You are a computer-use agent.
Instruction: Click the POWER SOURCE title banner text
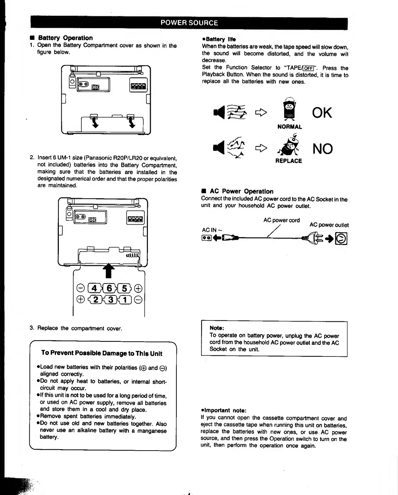coord(189,23)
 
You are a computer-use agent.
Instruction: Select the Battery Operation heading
coord(65,38)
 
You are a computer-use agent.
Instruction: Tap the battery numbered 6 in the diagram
coord(109,288)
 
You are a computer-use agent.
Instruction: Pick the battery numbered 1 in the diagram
coord(125,300)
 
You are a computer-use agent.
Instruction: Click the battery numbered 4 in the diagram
coord(94,288)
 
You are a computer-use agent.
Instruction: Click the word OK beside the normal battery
coord(322,113)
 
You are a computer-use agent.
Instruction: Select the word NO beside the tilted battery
coord(322,149)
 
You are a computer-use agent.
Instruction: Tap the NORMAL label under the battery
coord(290,127)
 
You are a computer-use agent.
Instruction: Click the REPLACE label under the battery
coord(288,161)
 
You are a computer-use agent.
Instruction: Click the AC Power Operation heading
coord(241,191)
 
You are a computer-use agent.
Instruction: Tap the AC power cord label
coord(281,220)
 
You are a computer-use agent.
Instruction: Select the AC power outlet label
coord(329,225)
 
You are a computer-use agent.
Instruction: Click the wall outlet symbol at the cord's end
coord(341,239)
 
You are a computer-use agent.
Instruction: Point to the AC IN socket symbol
coord(206,238)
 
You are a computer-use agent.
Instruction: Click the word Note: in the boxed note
coord(217,328)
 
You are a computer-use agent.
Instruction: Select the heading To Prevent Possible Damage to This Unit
coord(102,353)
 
